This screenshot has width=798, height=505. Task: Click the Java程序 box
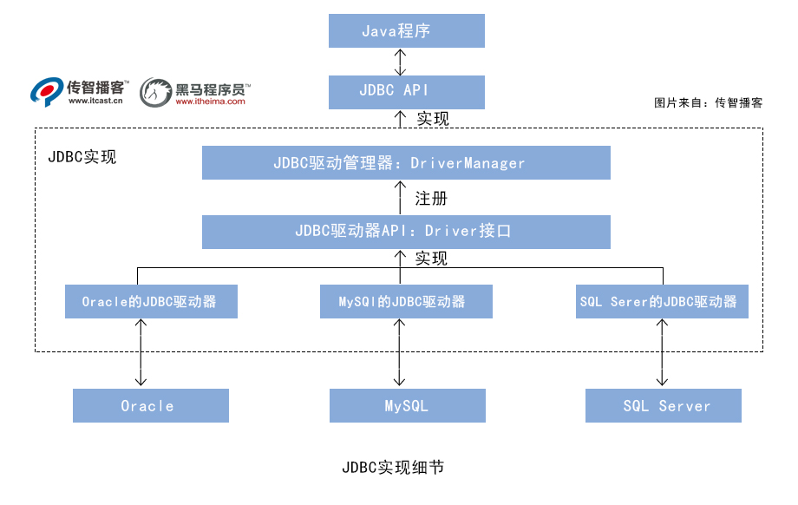click(x=406, y=31)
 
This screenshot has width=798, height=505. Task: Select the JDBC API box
click(x=406, y=90)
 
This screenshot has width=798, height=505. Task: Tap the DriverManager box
click(x=406, y=162)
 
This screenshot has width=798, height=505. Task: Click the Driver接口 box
click(x=406, y=231)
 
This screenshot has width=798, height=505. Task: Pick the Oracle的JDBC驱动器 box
click(x=151, y=301)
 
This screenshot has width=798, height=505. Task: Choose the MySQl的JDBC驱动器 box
click(x=406, y=301)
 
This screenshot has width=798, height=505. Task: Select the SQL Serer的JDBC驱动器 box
click(x=663, y=301)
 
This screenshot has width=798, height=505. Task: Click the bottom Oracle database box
click(x=150, y=405)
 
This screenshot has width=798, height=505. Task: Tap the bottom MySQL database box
click(x=407, y=405)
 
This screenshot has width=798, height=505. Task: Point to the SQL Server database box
click(x=664, y=405)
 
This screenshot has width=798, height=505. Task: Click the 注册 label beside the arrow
click(x=431, y=198)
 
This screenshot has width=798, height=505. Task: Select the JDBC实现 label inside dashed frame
click(x=82, y=158)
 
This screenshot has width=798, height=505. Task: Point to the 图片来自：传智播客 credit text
click(x=709, y=102)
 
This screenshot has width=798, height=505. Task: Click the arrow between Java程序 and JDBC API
click(x=400, y=61)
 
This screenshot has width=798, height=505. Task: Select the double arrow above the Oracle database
click(x=140, y=352)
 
